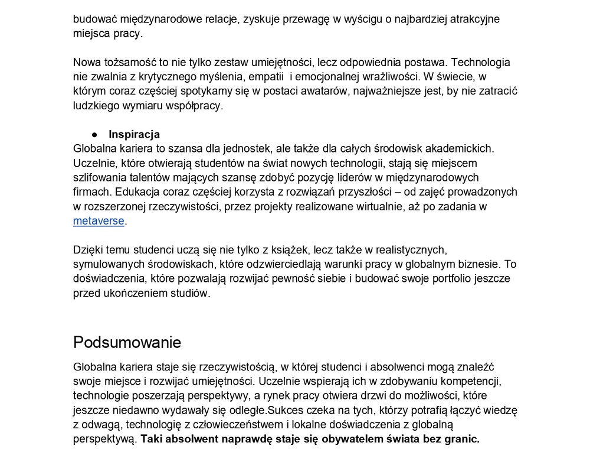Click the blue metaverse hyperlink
click(99, 221)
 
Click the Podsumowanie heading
click(127, 343)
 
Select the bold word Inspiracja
click(134, 134)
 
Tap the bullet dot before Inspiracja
click(94, 134)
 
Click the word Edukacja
click(137, 192)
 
